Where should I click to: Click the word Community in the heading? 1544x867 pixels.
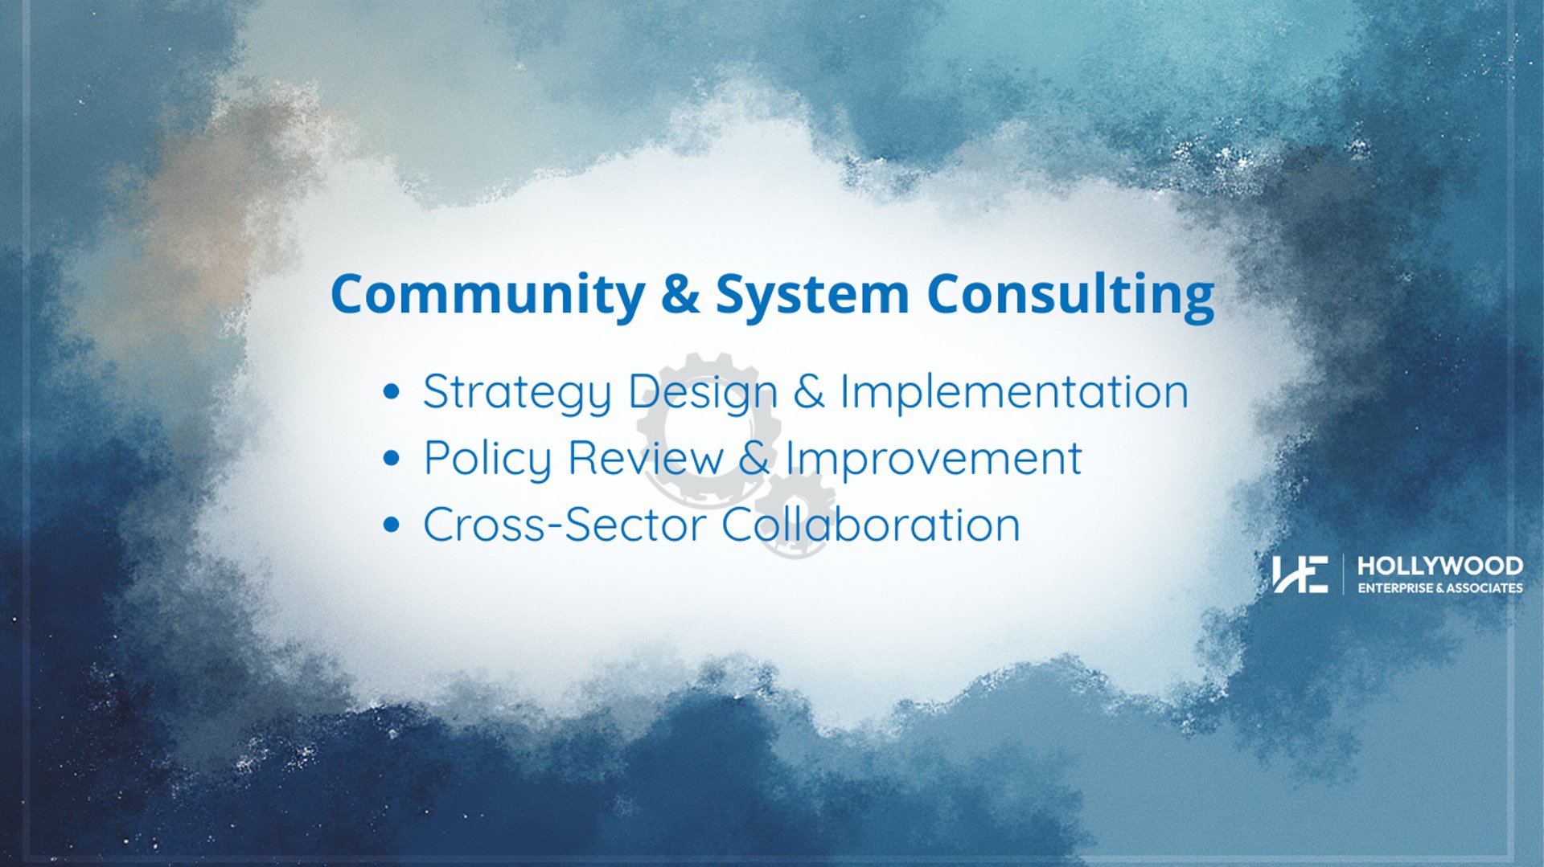487,294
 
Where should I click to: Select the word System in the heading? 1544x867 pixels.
812,294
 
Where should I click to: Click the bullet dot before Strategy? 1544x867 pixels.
392,392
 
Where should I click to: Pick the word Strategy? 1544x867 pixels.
517,393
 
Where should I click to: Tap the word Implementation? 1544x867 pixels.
1014,391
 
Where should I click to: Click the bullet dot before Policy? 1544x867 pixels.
392,459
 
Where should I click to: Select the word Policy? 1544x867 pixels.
487,459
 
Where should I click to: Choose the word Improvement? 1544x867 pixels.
934,459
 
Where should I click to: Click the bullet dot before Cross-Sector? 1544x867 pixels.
392,526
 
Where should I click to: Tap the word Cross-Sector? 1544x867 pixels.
565,525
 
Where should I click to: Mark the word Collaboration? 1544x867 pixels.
871,524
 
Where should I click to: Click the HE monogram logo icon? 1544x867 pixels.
1300,574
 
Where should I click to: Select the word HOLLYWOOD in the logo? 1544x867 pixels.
1439,566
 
